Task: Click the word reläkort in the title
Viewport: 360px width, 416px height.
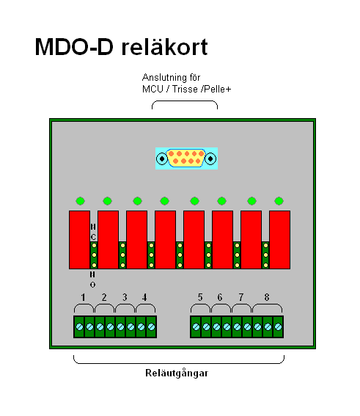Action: click(x=164, y=47)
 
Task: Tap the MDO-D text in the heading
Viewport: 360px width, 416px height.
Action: click(x=74, y=47)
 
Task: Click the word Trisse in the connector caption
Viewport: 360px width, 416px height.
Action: click(x=185, y=90)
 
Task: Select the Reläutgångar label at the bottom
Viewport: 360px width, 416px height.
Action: click(x=177, y=373)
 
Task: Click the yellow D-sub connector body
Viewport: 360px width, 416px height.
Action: click(x=186, y=158)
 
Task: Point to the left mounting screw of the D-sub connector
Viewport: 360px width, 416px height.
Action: click(x=162, y=158)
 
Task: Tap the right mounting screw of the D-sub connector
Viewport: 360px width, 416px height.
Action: click(x=210, y=158)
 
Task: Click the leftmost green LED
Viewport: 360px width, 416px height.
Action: click(x=81, y=201)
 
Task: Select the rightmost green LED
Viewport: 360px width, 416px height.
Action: click(x=279, y=201)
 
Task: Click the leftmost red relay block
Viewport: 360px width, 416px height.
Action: click(x=79, y=240)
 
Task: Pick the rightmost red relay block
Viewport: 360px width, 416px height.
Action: click(x=279, y=240)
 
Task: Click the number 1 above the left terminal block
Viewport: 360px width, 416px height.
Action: click(x=84, y=297)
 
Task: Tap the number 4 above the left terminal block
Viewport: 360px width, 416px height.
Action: click(x=144, y=297)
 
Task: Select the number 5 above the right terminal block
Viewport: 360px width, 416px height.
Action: click(x=200, y=297)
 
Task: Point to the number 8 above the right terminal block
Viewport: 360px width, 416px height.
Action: click(x=267, y=297)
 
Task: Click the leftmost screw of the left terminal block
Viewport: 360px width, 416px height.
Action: click(x=79, y=327)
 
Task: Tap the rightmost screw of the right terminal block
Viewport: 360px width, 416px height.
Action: click(x=278, y=327)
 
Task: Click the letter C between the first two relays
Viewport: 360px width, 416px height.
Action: click(x=93, y=237)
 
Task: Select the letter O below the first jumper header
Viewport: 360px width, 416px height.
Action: click(x=92, y=285)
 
